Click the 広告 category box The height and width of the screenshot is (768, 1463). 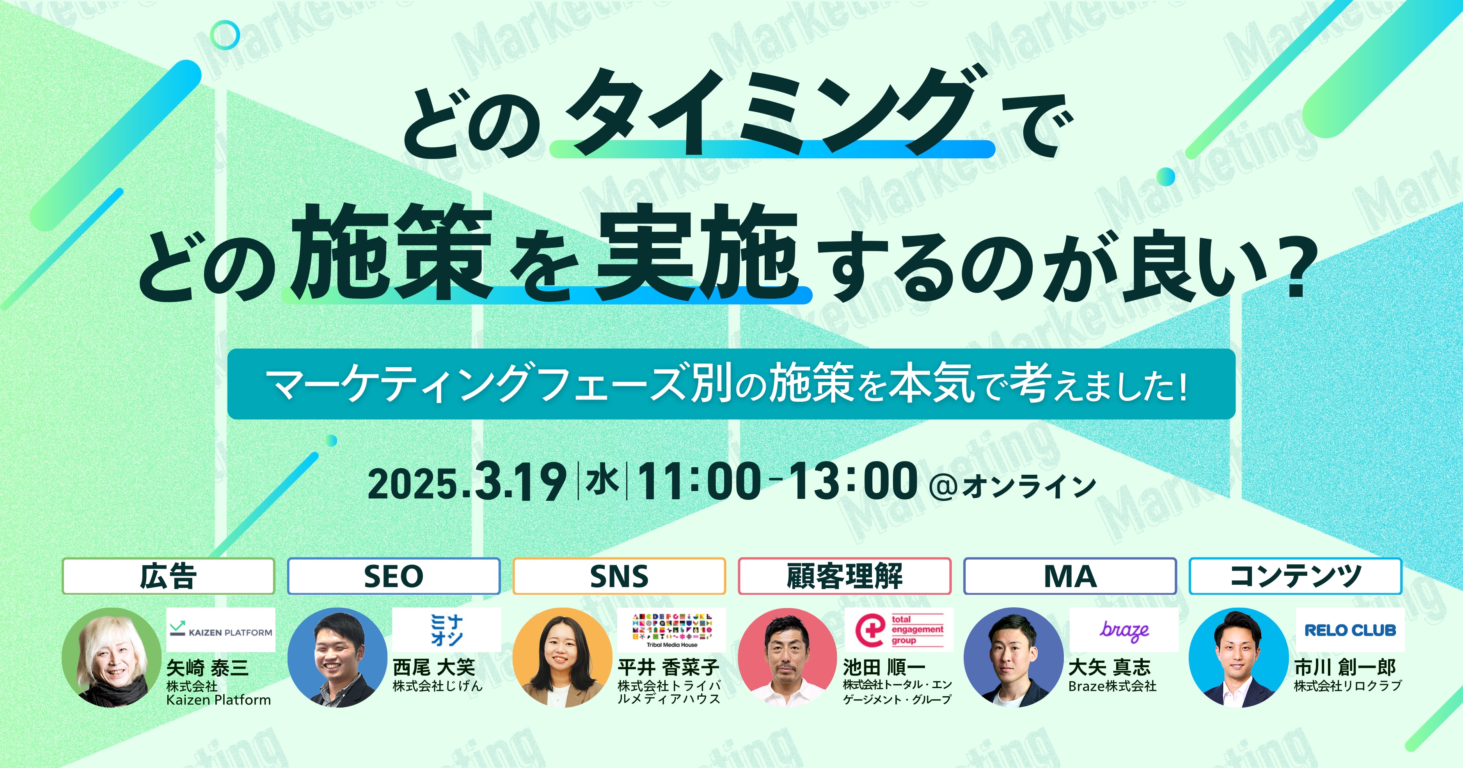point(168,576)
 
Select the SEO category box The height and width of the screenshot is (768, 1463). point(394,576)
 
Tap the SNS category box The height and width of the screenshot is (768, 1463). point(619,576)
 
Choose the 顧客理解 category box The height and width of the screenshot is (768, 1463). point(845,576)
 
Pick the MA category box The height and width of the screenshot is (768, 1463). point(1070,576)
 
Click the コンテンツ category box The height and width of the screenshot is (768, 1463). point(1296,576)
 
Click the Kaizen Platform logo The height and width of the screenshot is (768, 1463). point(220,630)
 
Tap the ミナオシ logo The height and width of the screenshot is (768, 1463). point(446,630)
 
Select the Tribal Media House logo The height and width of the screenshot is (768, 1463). point(672,630)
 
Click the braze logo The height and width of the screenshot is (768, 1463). point(1124,630)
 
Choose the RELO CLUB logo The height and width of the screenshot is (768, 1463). point(1350,630)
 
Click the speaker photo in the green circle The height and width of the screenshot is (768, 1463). point(111,657)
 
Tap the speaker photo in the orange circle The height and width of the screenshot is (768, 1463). point(562,657)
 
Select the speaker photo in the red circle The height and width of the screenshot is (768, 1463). point(788,657)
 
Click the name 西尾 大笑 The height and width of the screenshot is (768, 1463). point(434,667)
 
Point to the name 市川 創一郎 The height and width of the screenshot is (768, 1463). point(1345,667)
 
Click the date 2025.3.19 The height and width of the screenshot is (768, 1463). point(467,482)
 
